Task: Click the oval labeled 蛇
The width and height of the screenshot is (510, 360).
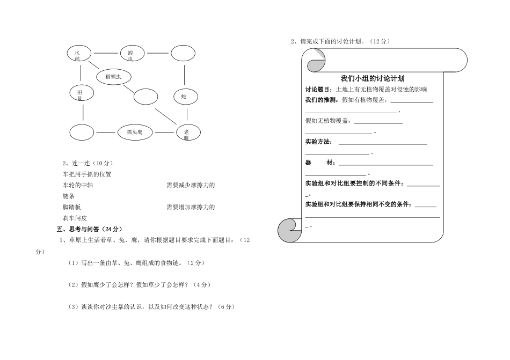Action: tap(185, 97)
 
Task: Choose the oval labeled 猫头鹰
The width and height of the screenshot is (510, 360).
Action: tap(134, 131)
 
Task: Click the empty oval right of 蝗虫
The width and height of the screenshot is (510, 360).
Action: tap(183, 53)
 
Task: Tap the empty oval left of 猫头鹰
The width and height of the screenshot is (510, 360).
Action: tap(82, 131)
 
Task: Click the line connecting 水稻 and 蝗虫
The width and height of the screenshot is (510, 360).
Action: tap(105, 53)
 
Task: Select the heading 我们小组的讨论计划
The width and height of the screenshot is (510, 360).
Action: tap(372, 78)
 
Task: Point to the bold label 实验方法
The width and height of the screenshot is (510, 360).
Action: tap(318, 142)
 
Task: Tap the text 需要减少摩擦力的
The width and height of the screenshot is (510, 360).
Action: tap(191, 185)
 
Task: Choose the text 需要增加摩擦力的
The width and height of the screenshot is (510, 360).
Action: tap(191, 207)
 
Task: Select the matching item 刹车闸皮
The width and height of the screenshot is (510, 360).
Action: tap(75, 218)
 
